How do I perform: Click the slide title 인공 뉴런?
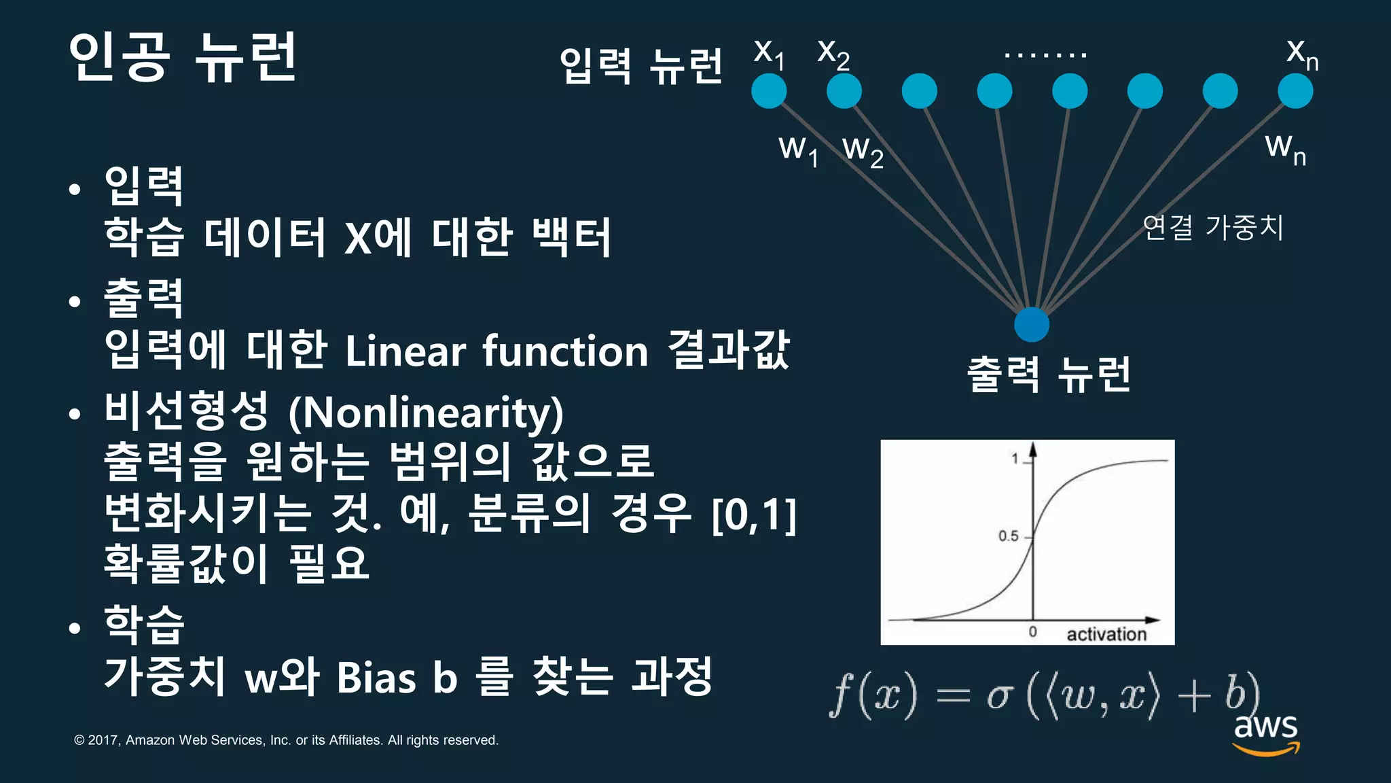[x=182, y=57]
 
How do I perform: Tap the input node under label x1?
[x=769, y=91]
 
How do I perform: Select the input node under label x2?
[x=844, y=91]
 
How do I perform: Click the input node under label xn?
[x=1295, y=91]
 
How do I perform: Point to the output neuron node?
[x=1032, y=324]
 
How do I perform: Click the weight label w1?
[x=799, y=150]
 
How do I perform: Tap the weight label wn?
[x=1285, y=147]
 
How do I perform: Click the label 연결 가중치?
[x=1213, y=227]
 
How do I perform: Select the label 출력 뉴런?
[x=1049, y=375]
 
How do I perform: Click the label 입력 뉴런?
[x=641, y=66]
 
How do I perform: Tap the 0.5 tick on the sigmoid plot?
[x=1009, y=536]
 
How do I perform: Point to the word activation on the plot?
[x=1106, y=634]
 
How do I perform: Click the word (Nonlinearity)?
[x=426, y=413]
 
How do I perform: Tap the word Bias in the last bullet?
[x=376, y=678]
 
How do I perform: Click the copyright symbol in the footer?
[x=79, y=740]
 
